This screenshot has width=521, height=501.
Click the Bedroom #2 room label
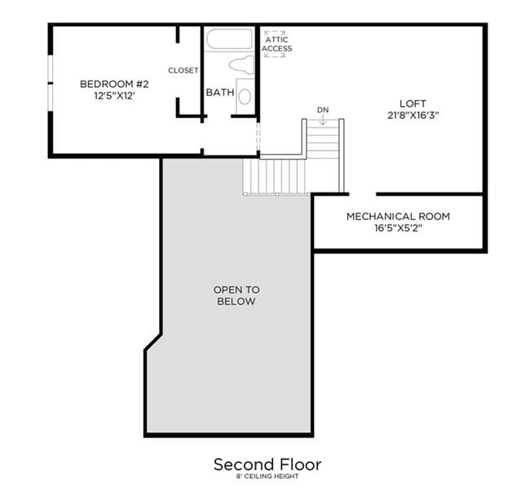pos(114,84)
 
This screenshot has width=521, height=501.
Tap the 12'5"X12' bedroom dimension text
pos(114,96)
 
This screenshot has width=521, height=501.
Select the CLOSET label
pos(183,70)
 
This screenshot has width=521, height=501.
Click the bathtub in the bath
pos(230,39)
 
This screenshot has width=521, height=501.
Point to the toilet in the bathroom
pos(241,64)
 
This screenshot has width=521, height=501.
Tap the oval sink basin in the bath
pos(245,97)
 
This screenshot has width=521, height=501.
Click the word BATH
pos(220,92)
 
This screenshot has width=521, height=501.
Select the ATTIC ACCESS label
pos(276,44)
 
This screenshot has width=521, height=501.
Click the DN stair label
pos(323,110)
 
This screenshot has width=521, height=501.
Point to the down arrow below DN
pos(323,120)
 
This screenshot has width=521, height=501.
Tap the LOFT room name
pos(413,103)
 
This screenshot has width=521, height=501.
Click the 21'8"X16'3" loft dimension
pos(413,116)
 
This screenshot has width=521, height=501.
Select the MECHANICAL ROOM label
pos(398,217)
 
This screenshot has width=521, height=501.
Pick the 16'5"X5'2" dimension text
pos(398,228)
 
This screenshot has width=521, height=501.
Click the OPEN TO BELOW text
pos(236,296)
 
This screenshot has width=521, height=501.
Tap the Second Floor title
pos(267,464)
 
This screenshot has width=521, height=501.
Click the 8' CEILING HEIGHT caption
pos(267,476)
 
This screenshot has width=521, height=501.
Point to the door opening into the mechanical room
pos(363,194)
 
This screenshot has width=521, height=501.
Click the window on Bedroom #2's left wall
pos(51,83)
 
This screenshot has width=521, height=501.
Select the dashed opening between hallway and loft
pos(258,137)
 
